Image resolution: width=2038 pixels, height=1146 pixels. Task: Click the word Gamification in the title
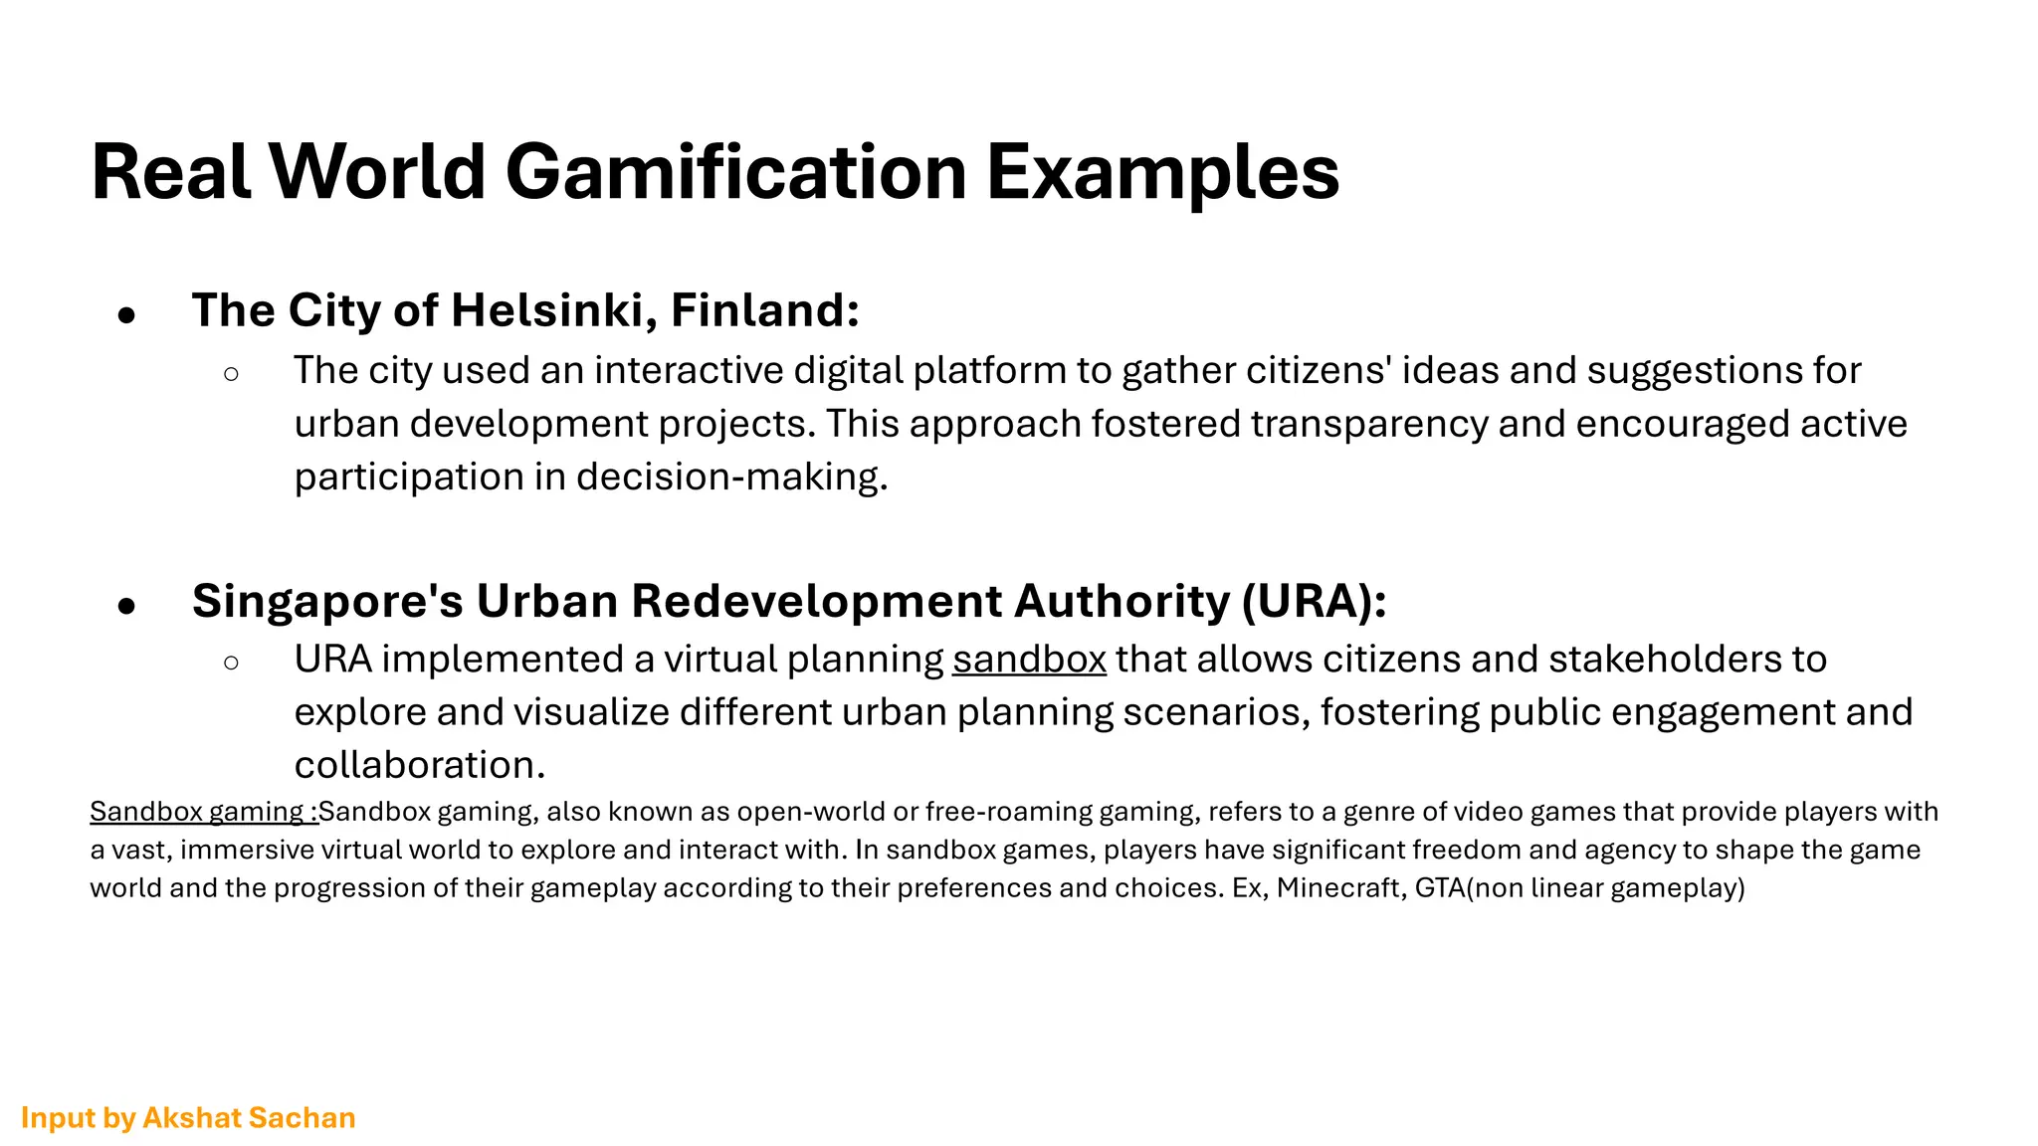(735, 172)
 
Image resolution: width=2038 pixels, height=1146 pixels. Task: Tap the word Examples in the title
(1162, 172)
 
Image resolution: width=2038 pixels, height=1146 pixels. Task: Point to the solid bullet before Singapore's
(126, 605)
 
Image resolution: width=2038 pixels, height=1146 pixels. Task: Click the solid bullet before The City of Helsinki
(126, 315)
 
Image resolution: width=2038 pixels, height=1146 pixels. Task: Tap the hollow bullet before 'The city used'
(232, 375)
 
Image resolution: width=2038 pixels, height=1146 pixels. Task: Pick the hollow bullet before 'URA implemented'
(232, 663)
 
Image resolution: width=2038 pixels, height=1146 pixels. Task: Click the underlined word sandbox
(1029, 660)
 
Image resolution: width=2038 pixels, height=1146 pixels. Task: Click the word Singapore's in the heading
(327, 601)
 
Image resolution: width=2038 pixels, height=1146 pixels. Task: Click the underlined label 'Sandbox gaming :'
(204, 812)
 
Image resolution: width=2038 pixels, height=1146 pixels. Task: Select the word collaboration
(418, 765)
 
